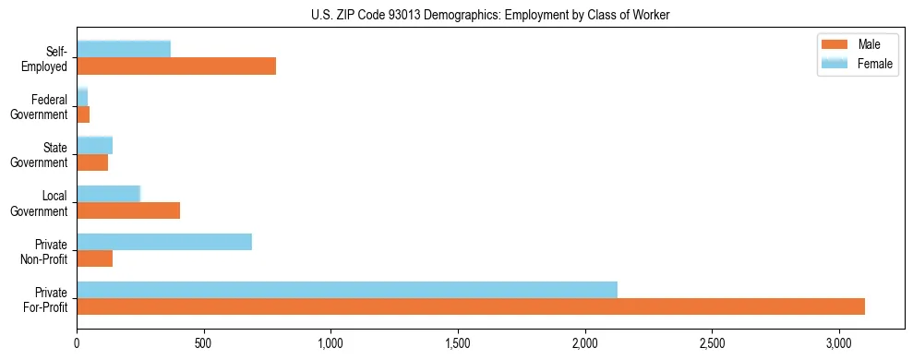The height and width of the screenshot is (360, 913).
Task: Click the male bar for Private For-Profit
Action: pos(471,306)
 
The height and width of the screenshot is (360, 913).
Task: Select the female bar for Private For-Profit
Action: pos(347,290)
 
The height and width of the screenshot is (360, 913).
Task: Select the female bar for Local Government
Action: pos(108,194)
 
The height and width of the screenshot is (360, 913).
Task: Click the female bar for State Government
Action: pos(94,146)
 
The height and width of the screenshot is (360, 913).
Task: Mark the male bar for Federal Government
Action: pos(83,114)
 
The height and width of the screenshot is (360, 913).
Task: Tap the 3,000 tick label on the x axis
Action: pos(839,342)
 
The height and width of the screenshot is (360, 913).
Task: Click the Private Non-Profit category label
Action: pos(47,251)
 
